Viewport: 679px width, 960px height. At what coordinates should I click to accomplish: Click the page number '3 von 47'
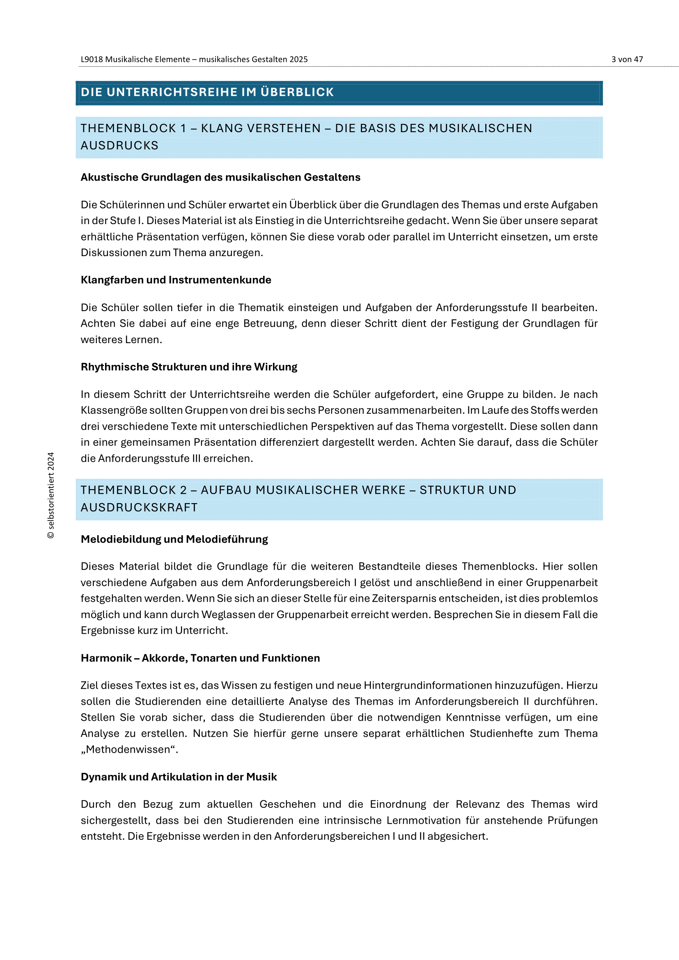[627, 60]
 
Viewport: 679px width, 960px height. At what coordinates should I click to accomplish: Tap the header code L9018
[92, 60]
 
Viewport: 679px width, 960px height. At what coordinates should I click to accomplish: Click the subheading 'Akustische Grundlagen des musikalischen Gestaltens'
[220, 177]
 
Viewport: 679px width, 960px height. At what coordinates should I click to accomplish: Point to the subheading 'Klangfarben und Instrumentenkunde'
[176, 280]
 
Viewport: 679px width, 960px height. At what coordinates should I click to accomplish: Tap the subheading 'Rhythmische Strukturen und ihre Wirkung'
[189, 367]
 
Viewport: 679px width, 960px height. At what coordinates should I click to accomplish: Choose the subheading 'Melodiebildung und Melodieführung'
[174, 539]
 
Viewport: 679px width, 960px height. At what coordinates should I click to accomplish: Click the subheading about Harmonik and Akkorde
[200, 658]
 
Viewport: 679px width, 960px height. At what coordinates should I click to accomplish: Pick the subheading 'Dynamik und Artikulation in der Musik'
[179, 777]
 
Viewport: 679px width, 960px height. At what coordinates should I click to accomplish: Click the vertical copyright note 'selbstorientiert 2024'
[51, 495]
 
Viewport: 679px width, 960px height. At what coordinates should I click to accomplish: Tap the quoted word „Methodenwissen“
[129, 749]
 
